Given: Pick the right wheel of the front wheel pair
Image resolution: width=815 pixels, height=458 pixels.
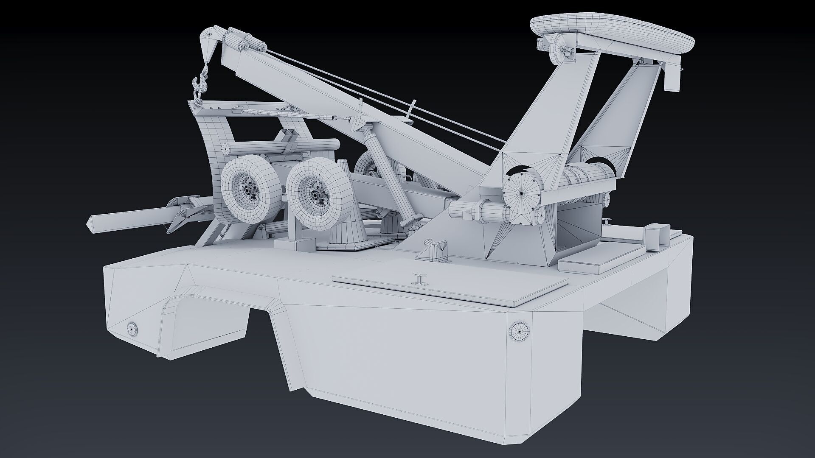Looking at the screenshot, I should click(x=316, y=193).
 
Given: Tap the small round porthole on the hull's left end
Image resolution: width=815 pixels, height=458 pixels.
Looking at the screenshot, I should click(x=132, y=328).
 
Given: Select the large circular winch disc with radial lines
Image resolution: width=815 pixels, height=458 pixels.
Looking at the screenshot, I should click(x=522, y=193).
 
